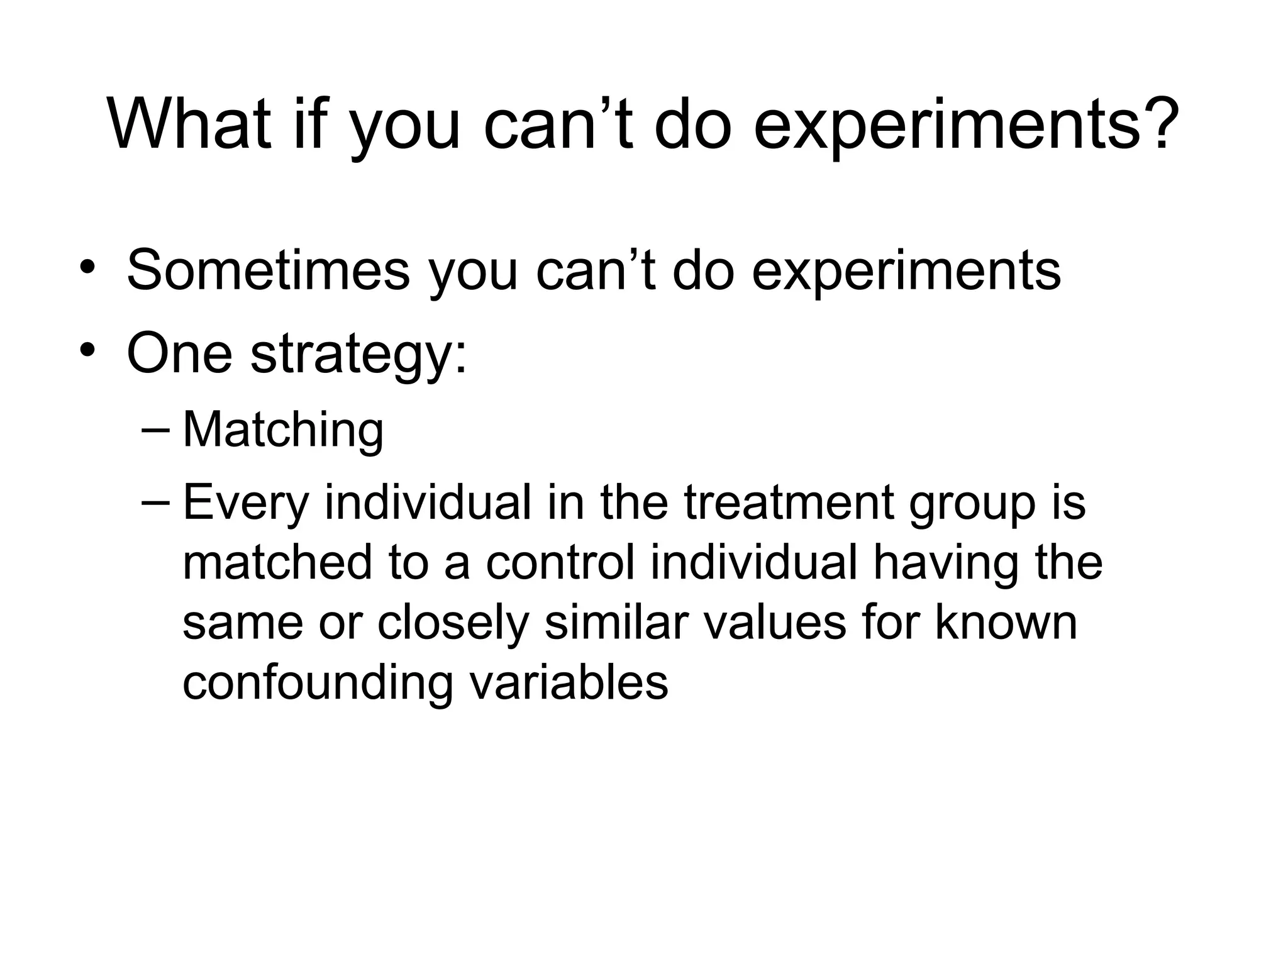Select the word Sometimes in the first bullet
tap(268, 270)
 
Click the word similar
tap(616, 623)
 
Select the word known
tap(1006, 623)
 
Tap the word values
tap(774, 623)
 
